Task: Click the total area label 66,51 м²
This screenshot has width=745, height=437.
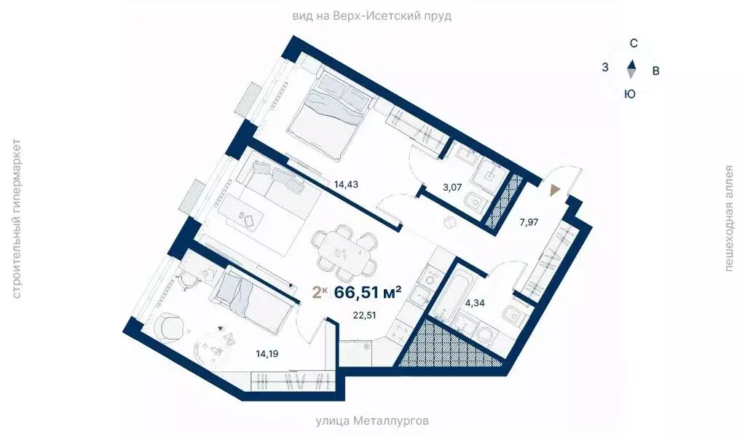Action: (x=368, y=293)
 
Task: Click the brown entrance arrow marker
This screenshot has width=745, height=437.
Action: (x=556, y=190)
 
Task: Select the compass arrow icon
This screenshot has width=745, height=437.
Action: (x=631, y=68)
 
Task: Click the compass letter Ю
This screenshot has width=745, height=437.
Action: (x=631, y=93)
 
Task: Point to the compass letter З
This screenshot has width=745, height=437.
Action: (x=605, y=68)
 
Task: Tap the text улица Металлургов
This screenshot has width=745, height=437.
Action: (x=372, y=421)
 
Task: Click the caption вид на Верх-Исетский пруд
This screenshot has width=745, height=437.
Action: (x=372, y=15)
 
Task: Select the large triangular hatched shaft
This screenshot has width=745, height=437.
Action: (x=448, y=345)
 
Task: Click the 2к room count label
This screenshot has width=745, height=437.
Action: (x=318, y=293)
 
